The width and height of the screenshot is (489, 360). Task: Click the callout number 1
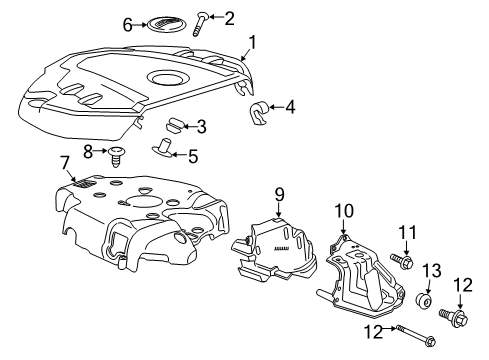(252, 42)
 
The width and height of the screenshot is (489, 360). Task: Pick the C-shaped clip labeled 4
(260, 113)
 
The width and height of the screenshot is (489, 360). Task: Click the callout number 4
(291, 107)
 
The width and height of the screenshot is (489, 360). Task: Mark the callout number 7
(64, 162)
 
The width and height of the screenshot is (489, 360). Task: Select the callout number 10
(344, 209)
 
